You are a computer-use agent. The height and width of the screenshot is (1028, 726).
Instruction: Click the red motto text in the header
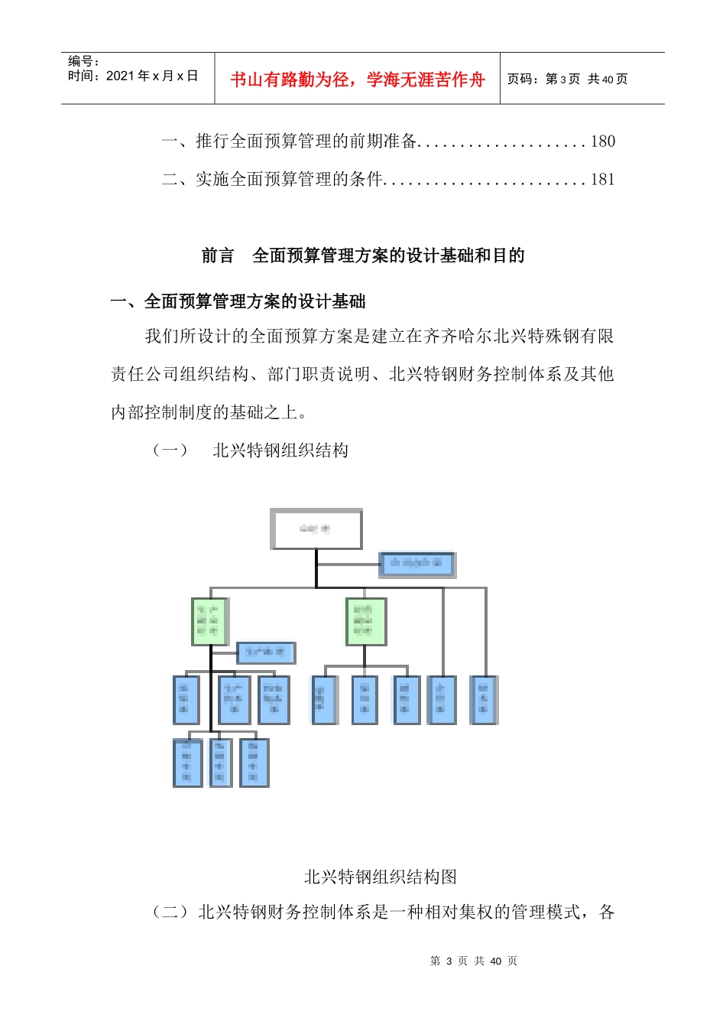point(357,80)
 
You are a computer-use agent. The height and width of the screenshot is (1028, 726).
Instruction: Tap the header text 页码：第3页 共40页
point(567,79)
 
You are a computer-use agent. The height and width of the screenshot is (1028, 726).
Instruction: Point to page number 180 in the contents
point(602,142)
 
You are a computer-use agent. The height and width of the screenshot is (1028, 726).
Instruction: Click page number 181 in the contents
point(602,180)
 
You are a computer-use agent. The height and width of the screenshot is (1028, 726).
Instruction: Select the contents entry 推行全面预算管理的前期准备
point(306,142)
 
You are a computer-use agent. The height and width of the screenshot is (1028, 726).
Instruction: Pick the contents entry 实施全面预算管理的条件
point(289,180)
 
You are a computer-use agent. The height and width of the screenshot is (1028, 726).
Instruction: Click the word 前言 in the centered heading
point(218,256)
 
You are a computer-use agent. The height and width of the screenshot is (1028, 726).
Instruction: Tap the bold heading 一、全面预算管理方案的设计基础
point(238,302)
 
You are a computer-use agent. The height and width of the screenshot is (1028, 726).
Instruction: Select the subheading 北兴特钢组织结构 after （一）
point(280,451)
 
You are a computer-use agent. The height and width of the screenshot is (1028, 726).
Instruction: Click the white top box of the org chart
point(316,529)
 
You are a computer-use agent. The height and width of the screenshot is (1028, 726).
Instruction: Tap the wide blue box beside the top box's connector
point(416,564)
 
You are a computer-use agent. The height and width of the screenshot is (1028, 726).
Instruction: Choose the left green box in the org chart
point(209,621)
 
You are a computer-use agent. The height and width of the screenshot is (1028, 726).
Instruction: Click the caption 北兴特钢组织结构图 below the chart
point(380,877)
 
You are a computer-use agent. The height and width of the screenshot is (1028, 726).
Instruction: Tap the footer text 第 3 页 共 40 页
point(474,961)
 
